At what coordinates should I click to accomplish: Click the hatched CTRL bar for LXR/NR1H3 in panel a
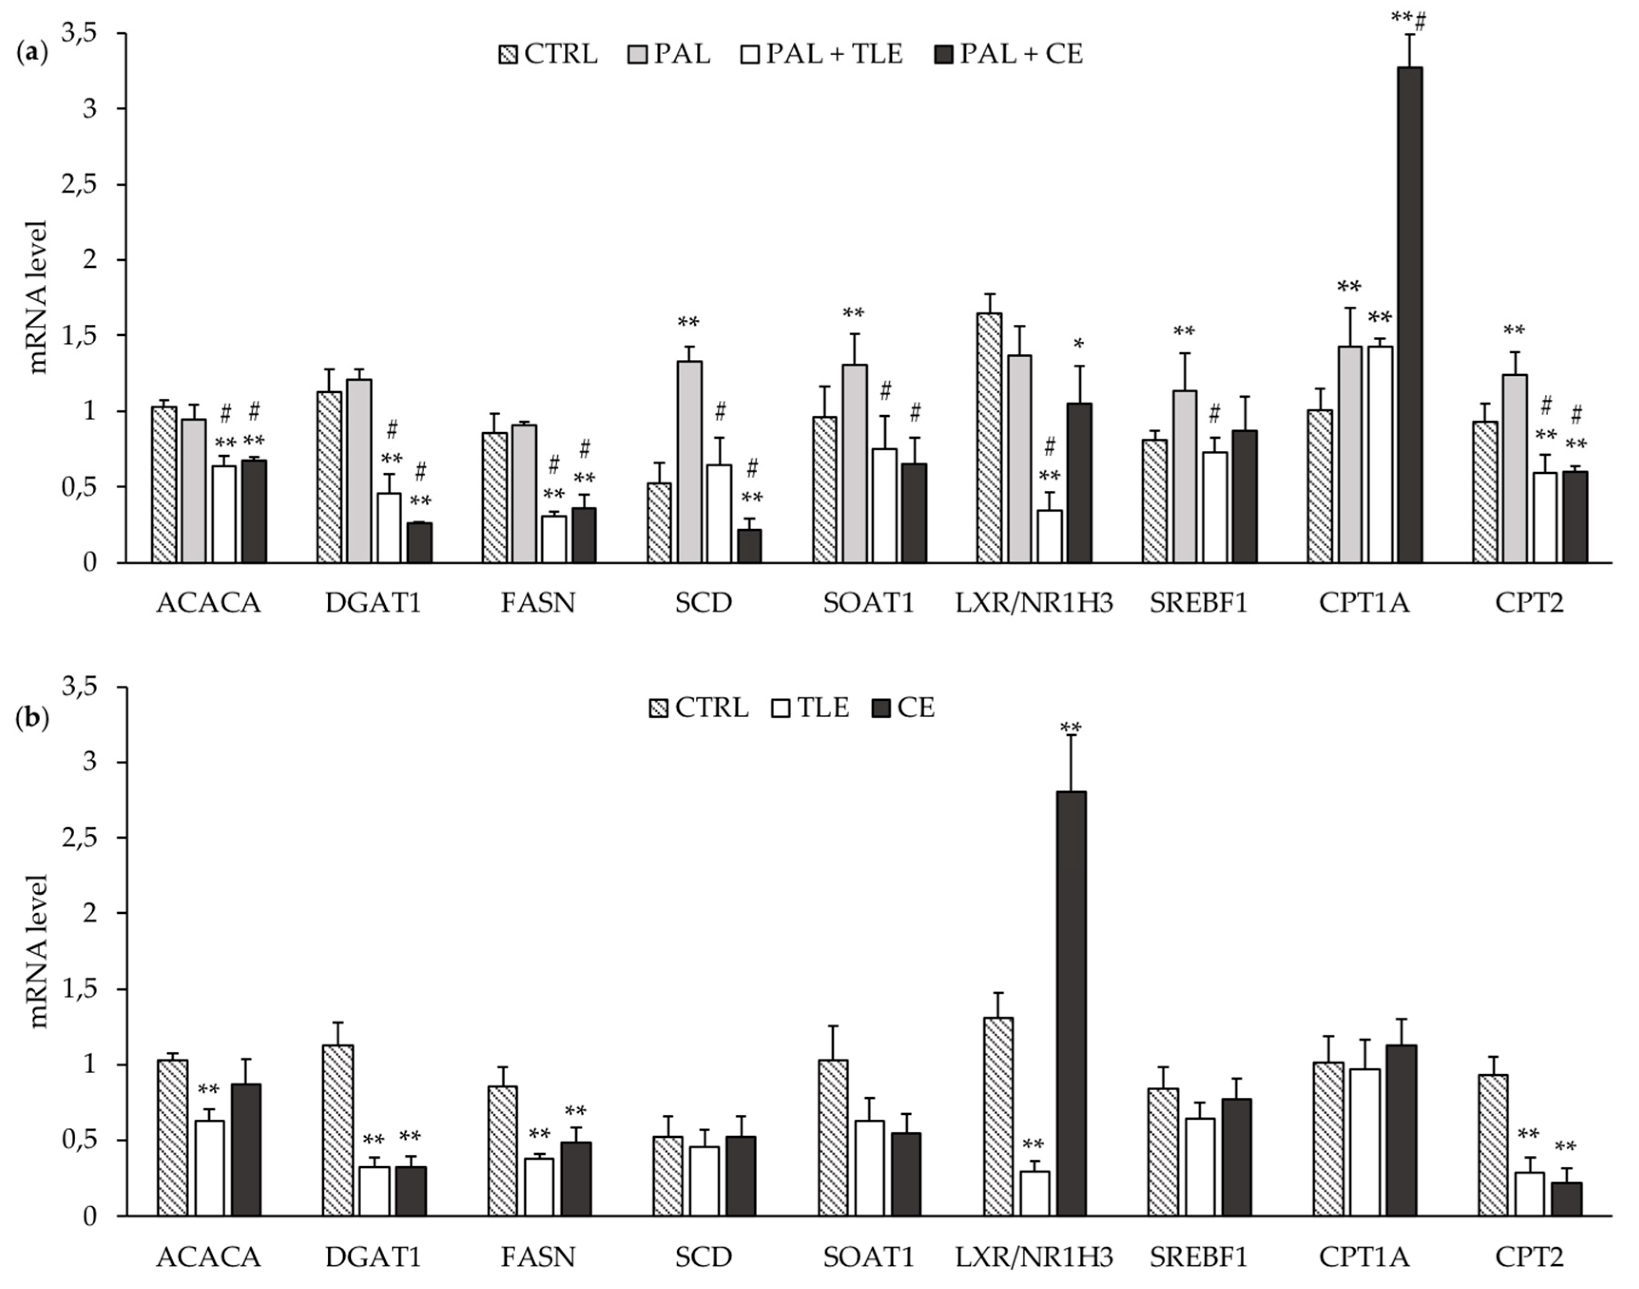pyautogui.click(x=989, y=438)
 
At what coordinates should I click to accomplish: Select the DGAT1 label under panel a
pyautogui.click(x=374, y=604)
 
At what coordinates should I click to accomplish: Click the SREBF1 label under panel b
pyautogui.click(x=1199, y=1257)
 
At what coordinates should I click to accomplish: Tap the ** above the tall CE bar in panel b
pyautogui.click(x=1070, y=728)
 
